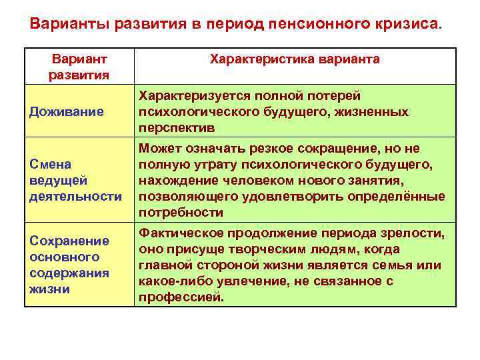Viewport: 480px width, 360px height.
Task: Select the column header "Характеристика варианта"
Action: point(295,59)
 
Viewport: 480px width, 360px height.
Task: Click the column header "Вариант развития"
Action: point(79,67)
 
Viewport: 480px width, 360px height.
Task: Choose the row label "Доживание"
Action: point(66,111)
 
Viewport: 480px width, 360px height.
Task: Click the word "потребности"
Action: point(181,213)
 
